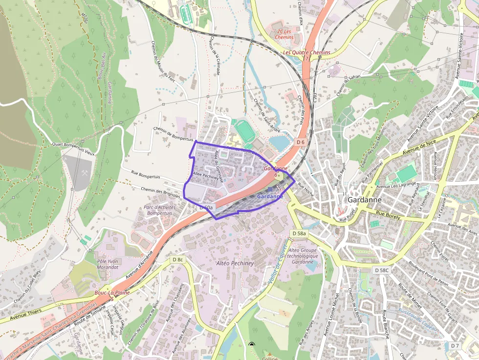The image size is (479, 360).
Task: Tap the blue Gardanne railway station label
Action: coord(269,196)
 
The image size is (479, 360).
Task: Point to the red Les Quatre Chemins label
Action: coord(306,52)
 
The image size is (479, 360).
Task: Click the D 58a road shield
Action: coord(299,234)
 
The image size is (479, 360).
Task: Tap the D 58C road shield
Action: coord(382,270)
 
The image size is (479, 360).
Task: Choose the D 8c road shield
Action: coord(177,259)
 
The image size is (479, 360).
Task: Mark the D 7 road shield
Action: coord(455,346)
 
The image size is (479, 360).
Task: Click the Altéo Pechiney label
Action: coord(235,263)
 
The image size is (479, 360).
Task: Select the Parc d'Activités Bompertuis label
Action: coord(160,210)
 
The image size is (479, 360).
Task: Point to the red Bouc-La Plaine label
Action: coord(112,293)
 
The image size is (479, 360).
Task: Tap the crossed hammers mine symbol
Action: coord(84,172)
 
